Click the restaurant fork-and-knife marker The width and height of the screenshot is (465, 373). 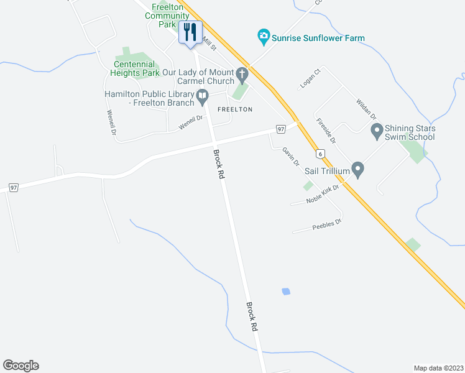pyautogui.click(x=190, y=31)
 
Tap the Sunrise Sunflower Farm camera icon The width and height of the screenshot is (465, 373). pyautogui.click(x=264, y=37)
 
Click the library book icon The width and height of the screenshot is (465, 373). pyautogui.click(x=202, y=95)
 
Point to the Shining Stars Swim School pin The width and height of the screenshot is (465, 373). pyautogui.click(x=376, y=131)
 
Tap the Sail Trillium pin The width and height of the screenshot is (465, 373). pyautogui.click(x=357, y=168)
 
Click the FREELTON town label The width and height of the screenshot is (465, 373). pyautogui.click(x=235, y=109)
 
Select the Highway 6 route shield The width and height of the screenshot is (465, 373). pyautogui.click(x=320, y=154)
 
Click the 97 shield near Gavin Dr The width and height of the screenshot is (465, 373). pyautogui.click(x=281, y=129)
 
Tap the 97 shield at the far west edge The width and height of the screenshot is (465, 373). pyautogui.click(x=14, y=187)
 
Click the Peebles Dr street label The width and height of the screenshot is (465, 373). pyautogui.click(x=328, y=225)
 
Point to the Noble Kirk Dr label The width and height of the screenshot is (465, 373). pyautogui.click(x=323, y=195)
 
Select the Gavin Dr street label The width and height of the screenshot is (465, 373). pyautogui.click(x=291, y=156)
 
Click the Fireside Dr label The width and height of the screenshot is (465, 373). pyautogui.click(x=325, y=131)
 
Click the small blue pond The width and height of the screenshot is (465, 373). pyautogui.click(x=285, y=291)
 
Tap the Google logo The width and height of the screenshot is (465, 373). pyautogui.click(x=21, y=366)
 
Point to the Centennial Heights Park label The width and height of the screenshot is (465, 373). pyautogui.click(x=137, y=68)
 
